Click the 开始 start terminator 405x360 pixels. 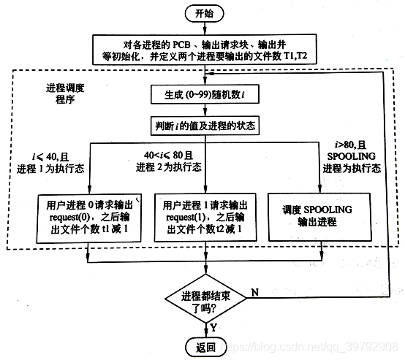point(205,13)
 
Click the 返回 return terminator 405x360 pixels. point(205,345)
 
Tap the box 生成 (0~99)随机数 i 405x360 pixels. point(205,93)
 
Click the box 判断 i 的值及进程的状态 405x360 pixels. point(205,125)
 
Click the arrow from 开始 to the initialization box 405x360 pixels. point(205,28)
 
